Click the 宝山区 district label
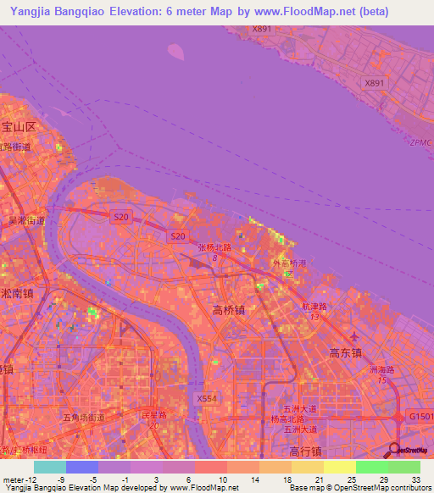click(19, 127)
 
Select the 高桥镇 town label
click(228, 311)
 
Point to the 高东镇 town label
click(345, 352)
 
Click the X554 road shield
click(206, 397)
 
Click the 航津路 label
click(314, 308)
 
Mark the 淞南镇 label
click(17, 295)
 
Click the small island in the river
click(176, 52)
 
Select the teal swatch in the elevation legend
click(49, 467)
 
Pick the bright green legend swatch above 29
click(371, 467)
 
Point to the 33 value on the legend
click(414, 479)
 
